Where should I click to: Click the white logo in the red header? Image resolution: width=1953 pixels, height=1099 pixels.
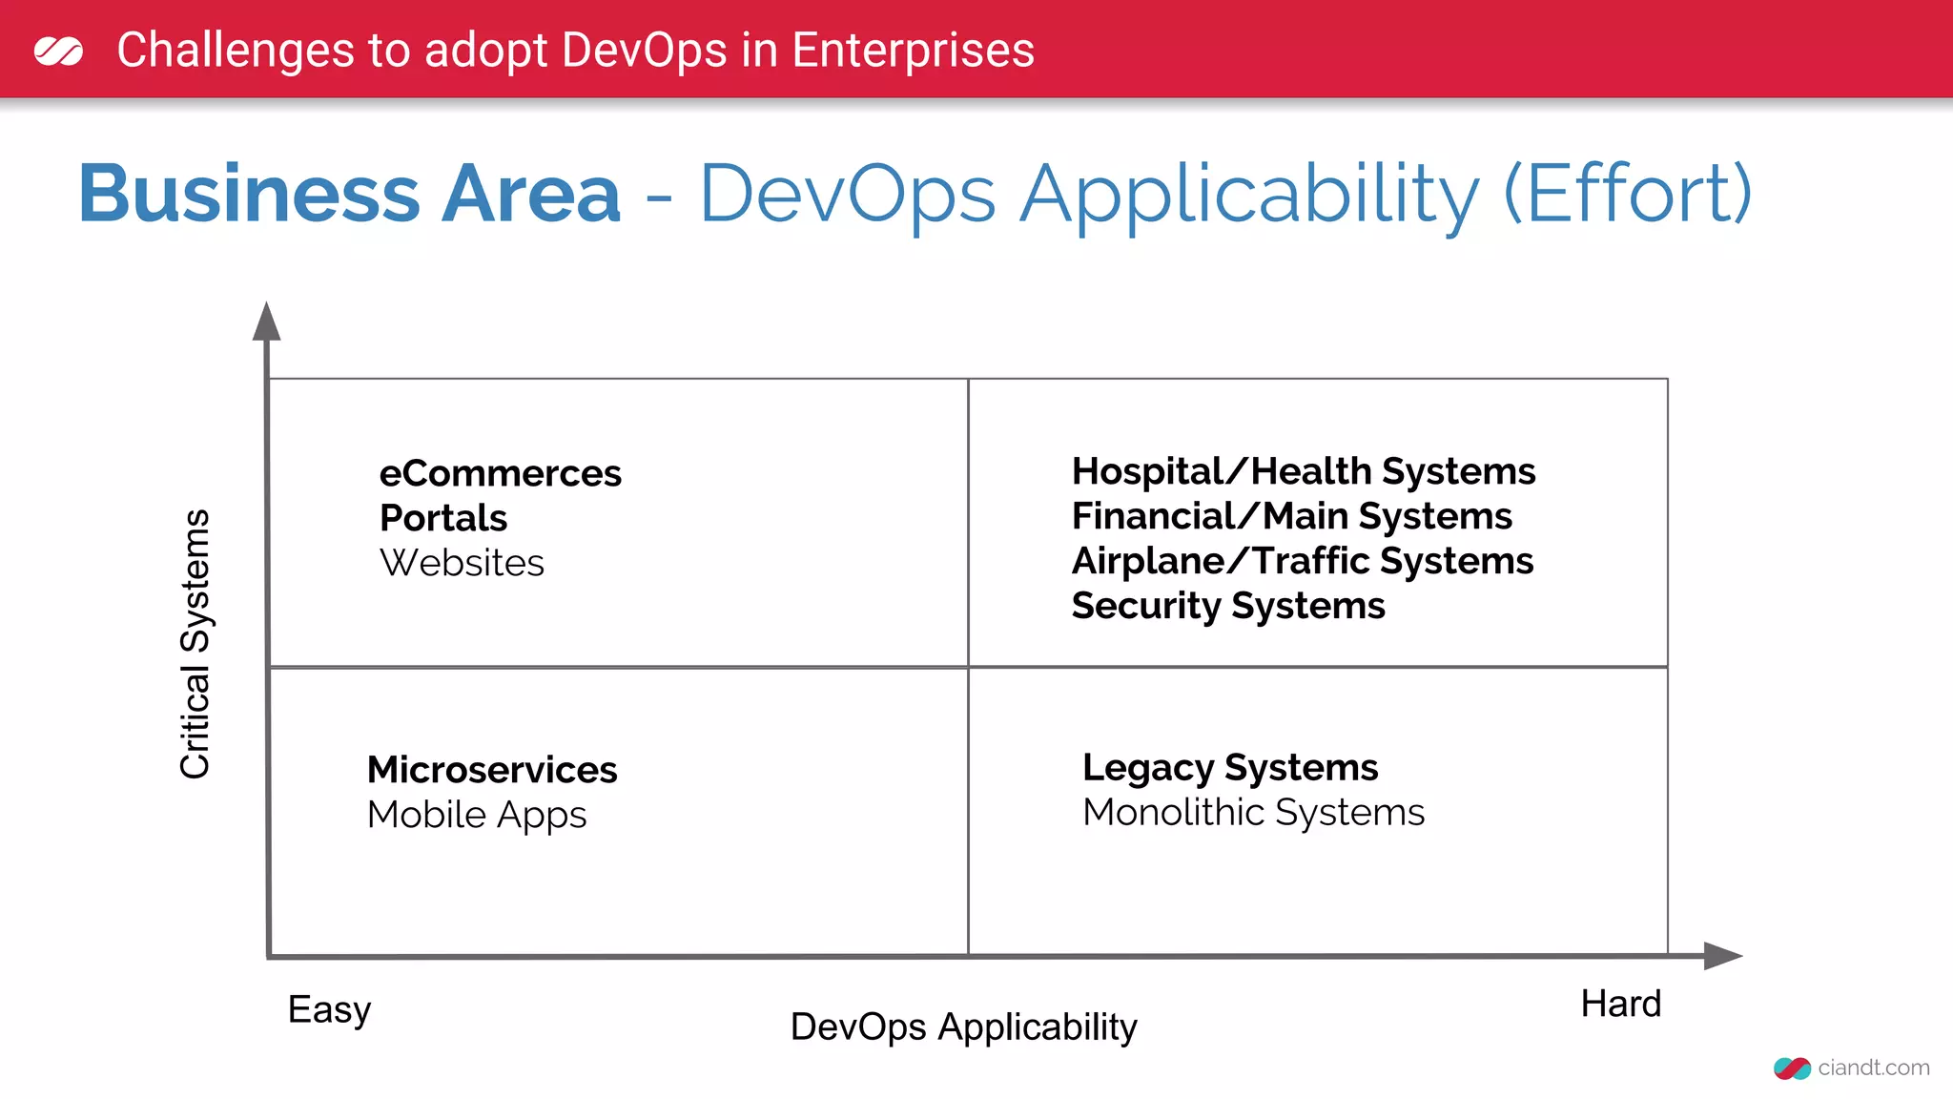click(x=58, y=51)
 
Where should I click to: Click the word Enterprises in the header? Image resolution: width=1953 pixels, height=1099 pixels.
click(x=913, y=51)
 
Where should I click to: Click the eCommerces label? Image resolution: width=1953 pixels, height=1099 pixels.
click(x=500, y=474)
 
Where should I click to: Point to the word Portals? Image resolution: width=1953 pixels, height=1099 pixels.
click(x=443, y=518)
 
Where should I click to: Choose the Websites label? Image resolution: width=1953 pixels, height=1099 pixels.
click(x=462, y=563)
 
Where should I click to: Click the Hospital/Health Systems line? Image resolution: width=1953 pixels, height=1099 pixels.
click(x=1303, y=471)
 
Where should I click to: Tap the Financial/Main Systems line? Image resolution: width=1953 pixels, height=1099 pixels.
click(x=1291, y=516)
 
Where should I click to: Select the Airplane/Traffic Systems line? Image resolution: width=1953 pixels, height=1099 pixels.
click(x=1302, y=561)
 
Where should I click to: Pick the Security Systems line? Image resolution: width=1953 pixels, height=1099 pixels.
click(x=1227, y=606)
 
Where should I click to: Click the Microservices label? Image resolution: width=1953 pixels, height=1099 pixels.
click(x=492, y=770)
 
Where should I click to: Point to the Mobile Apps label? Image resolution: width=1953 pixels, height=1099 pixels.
click(x=477, y=815)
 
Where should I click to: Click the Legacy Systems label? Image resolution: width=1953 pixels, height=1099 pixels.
click(x=1230, y=768)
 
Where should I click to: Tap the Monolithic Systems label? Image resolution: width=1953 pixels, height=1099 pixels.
click(x=1253, y=813)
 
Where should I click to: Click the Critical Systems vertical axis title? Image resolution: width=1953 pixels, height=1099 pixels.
click(x=195, y=644)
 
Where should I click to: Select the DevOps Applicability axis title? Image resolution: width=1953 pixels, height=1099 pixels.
click(x=963, y=1027)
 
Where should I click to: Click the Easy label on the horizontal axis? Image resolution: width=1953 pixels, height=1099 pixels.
click(x=329, y=1009)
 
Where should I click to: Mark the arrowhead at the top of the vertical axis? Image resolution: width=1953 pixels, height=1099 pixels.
click(x=267, y=322)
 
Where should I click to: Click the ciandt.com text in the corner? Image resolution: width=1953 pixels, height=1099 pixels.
click(x=1873, y=1068)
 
